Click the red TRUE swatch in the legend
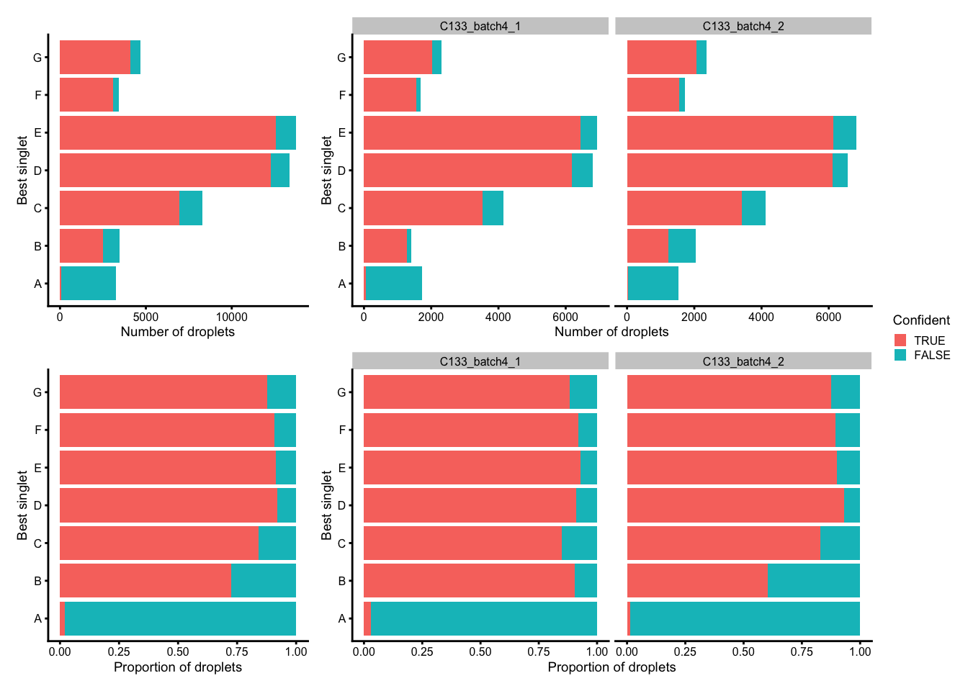900,340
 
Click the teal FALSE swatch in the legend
900,355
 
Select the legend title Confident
920,320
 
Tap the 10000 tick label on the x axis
231,317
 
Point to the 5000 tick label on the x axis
145,317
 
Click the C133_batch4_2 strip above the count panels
743,26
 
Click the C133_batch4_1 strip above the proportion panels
480,361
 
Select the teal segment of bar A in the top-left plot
89,284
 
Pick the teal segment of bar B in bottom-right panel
813,581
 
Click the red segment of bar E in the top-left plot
167,133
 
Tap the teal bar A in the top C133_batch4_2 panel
653,284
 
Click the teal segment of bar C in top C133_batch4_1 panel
493,208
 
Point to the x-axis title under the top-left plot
177,332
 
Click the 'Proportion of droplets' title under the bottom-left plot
177,667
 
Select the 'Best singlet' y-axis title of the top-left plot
22,171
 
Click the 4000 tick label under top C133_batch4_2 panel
761,317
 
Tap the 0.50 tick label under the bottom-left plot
178,651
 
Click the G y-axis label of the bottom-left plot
37,393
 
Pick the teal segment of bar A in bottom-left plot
180,618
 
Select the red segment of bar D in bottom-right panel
735,505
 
